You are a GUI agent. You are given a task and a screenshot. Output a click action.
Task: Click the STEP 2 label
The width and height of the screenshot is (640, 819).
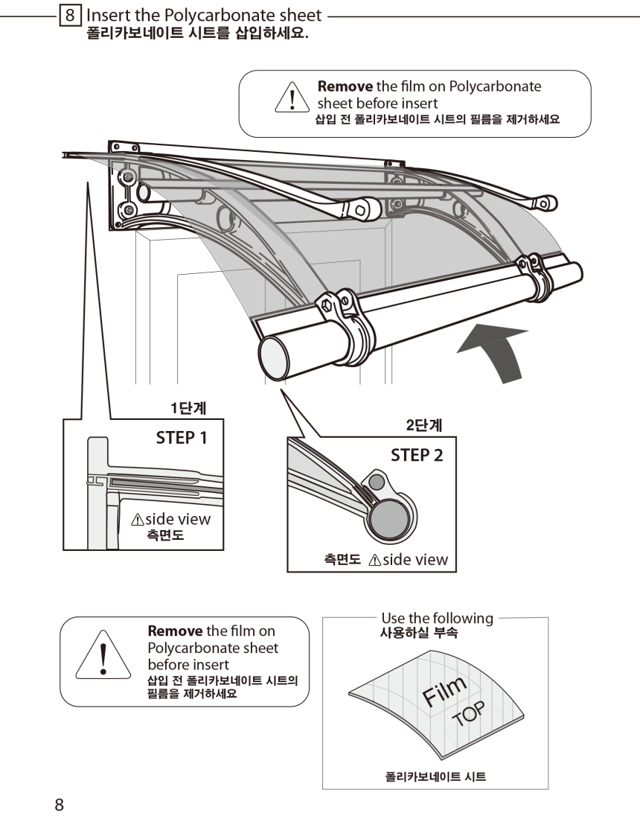click(x=417, y=455)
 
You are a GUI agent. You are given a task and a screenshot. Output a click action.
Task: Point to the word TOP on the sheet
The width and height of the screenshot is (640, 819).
click(x=468, y=715)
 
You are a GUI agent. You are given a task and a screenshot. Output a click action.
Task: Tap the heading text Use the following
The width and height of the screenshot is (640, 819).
click(x=437, y=618)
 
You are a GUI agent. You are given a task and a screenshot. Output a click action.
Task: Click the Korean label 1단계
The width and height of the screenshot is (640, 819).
click(x=188, y=408)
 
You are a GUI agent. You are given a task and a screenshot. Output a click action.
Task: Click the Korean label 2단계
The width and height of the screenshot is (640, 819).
click(x=424, y=426)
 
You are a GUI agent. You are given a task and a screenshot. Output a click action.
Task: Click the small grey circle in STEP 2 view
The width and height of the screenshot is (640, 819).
click(x=377, y=482)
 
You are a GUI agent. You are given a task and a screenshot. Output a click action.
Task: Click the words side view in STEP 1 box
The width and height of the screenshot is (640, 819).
click(x=177, y=519)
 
